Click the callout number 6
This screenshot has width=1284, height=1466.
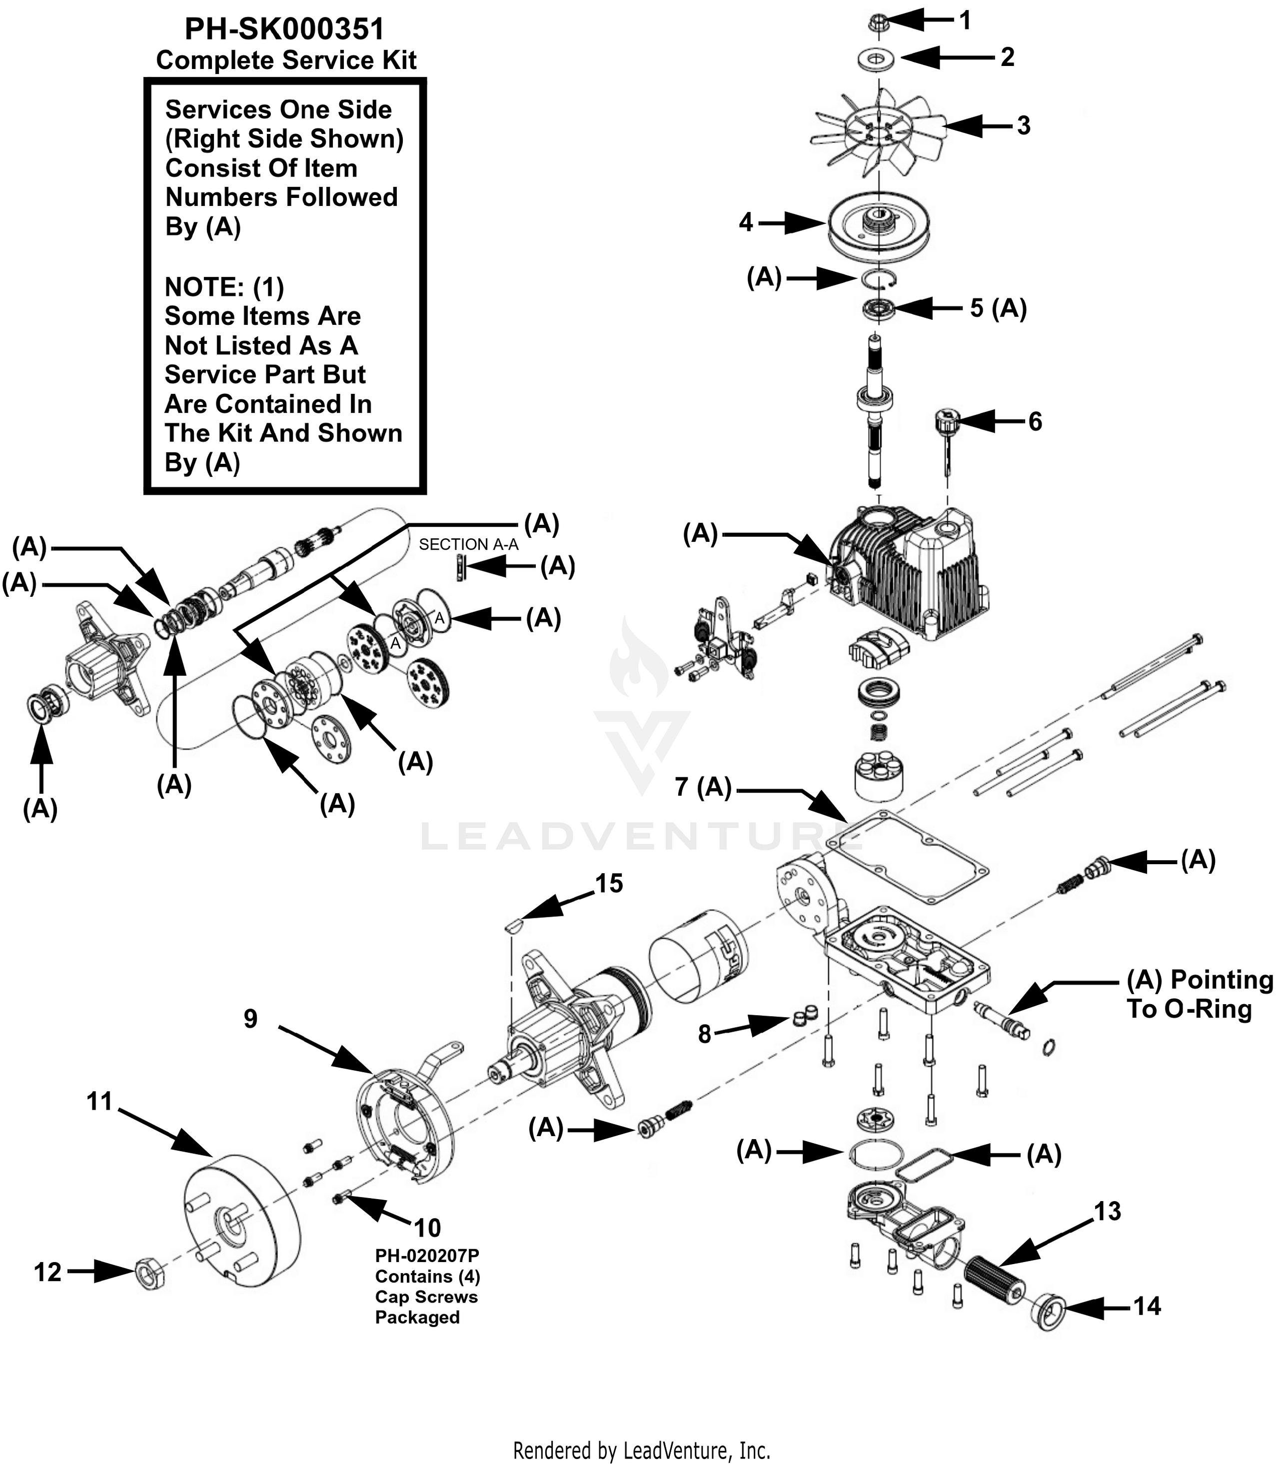tap(1035, 421)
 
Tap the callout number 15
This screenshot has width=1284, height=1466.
tap(609, 884)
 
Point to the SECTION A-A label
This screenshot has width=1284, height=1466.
tap(469, 544)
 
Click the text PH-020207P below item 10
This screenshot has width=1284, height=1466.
tap(427, 1256)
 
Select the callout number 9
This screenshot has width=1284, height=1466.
tap(250, 1018)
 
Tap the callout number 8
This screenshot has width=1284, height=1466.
tap(704, 1034)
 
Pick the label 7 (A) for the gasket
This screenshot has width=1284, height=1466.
tap(703, 787)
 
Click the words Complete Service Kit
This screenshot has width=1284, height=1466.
tap(286, 60)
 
